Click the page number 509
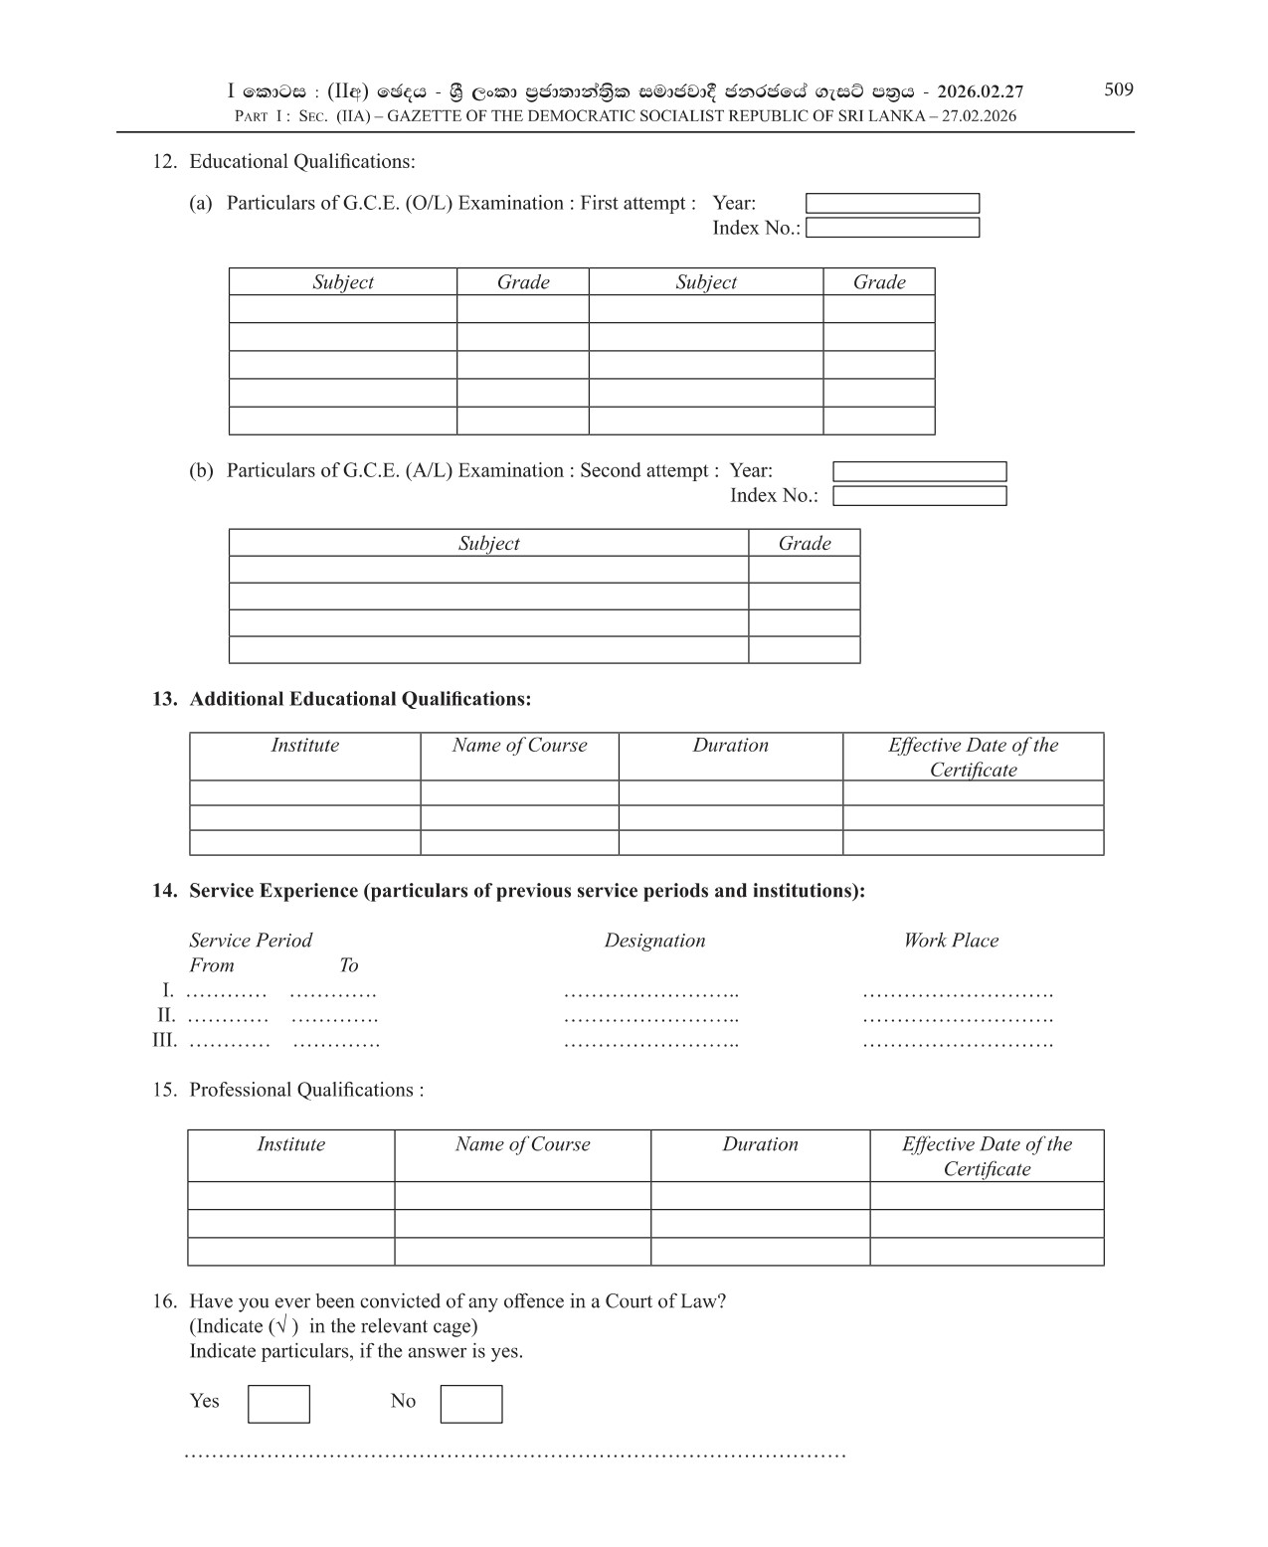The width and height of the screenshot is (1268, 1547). pyautogui.click(x=1118, y=89)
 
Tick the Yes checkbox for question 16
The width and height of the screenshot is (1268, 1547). pyautogui.click(x=278, y=1404)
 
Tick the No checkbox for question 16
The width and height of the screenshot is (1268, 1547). pyautogui.click(x=470, y=1404)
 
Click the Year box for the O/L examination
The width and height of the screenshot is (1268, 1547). pyautogui.click(x=892, y=204)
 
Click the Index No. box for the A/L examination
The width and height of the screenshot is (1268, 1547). pyautogui.click(x=919, y=496)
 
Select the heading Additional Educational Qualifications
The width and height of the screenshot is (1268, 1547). pyautogui.click(x=360, y=699)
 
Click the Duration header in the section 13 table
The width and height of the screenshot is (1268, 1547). pyautogui.click(x=730, y=746)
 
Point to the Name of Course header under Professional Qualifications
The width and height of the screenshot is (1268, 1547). pyautogui.click(x=522, y=1144)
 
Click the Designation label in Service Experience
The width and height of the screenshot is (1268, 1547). pyautogui.click(x=654, y=941)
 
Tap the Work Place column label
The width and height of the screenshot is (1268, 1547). pyautogui.click(x=950, y=941)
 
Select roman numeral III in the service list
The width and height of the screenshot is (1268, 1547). pyautogui.click(x=164, y=1041)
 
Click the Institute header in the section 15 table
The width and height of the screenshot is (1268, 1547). pyautogui.click(x=290, y=1144)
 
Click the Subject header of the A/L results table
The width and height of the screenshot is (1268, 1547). pyautogui.click(x=488, y=543)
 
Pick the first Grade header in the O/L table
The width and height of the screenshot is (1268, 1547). pyautogui.click(x=523, y=282)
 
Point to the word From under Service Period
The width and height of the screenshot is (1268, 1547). pyautogui.click(x=212, y=965)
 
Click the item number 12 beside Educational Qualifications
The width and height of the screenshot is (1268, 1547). pyautogui.click(x=164, y=162)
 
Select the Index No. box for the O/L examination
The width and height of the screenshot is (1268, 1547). pyautogui.click(x=892, y=228)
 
